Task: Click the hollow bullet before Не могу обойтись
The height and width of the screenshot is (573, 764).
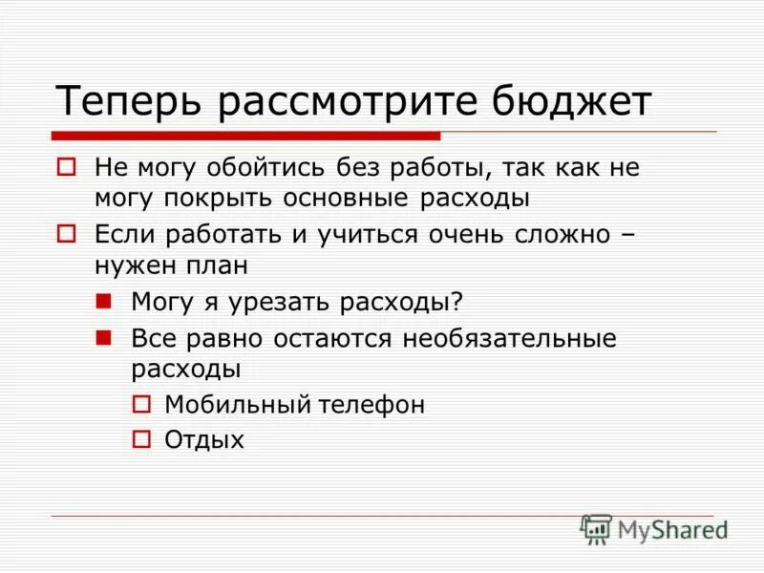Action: [x=66, y=167]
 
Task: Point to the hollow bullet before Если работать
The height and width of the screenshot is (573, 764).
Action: [x=66, y=233]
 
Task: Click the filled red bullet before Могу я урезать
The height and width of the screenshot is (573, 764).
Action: [x=104, y=300]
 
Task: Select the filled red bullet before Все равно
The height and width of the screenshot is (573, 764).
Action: [x=104, y=336]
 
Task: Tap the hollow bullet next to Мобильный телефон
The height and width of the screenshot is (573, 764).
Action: [x=140, y=404]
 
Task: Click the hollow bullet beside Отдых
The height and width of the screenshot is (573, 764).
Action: [x=140, y=439]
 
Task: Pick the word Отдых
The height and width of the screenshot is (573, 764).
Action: [x=204, y=440]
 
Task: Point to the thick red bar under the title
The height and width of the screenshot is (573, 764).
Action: [x=245, y=136]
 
